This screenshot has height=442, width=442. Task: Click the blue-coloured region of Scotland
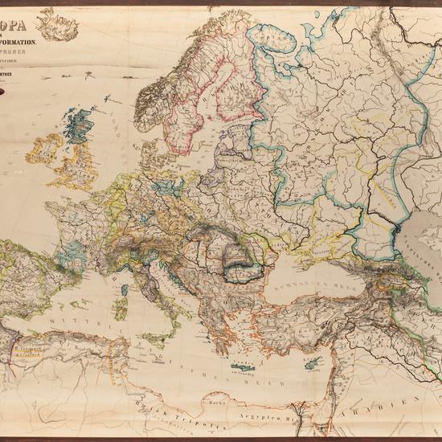[77, 127]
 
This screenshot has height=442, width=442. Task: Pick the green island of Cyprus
[309, 362]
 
